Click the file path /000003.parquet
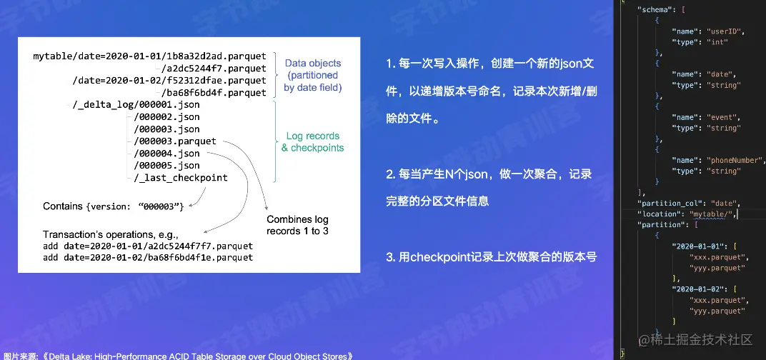(174, 141)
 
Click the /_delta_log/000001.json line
(136, 104)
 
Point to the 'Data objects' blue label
(313, 62)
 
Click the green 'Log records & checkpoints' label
(312, 141)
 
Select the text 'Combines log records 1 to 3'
(297, 225)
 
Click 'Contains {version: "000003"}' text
(114, 206)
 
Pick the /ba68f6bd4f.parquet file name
(214, 92)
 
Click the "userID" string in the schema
(725, 31)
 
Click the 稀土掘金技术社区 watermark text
(703, 339)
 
